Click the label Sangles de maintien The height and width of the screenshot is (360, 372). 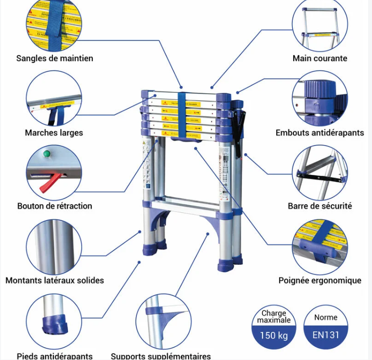(x=55, y=58)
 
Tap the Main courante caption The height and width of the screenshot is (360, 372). (x=320, y=58)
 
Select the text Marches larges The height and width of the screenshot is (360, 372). (x=54, y=132)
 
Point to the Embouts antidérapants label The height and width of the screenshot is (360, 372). (x=320, y=132)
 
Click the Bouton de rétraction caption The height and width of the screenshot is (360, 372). (x=55, y=206)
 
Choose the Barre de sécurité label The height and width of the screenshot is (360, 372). (x=320, y=206)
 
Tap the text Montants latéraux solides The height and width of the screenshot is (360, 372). (x=55, y=280)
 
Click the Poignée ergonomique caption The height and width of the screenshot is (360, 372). (x=320, y=280)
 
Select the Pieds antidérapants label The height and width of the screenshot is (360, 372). (x=55, y=356)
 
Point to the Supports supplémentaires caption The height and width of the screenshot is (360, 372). (x=161, y=356)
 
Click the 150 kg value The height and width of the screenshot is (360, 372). (x=274, y=335)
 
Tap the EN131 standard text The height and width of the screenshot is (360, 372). (x=326, y=335)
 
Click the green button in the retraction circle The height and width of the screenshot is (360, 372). (x=47, y=154)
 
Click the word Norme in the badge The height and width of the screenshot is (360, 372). (x=326, y=317)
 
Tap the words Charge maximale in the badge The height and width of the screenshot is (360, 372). (x=274, y=317)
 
